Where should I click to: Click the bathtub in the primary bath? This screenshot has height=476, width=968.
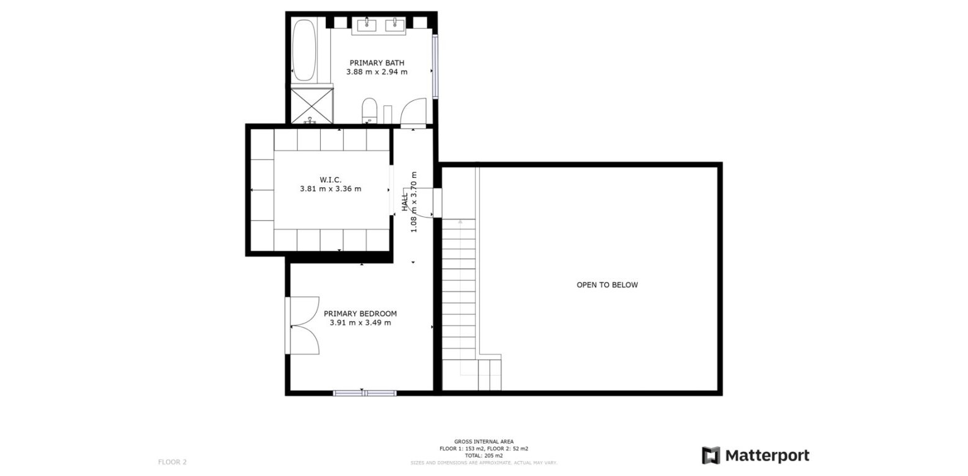pos(304,50)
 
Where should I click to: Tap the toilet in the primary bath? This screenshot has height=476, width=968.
pos(369,109)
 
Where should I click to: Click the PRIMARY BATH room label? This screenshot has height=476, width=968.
pos(377,63)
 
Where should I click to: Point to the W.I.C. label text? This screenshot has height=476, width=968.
pos(330,180)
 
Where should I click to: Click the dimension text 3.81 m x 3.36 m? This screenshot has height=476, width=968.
pos(330,189)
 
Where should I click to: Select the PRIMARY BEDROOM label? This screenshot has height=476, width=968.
pos(360,314)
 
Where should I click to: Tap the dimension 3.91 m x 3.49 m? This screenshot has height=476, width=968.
pos(360,323)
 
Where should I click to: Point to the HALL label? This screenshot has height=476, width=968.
pos(405,202)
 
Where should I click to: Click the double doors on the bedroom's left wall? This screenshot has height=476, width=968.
pos(302,325)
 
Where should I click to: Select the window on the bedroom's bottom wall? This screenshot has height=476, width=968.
pos(364,393)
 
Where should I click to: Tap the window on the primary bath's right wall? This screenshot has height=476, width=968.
pos(435,67)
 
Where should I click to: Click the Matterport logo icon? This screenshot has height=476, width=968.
pos(710,456)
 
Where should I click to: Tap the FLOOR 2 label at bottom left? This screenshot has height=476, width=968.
pos(172,462)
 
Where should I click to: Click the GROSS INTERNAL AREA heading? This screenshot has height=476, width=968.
pos(483,442)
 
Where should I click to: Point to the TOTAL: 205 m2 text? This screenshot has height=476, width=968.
pos(483,456)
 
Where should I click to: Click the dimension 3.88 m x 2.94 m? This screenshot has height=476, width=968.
pos(377,72)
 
